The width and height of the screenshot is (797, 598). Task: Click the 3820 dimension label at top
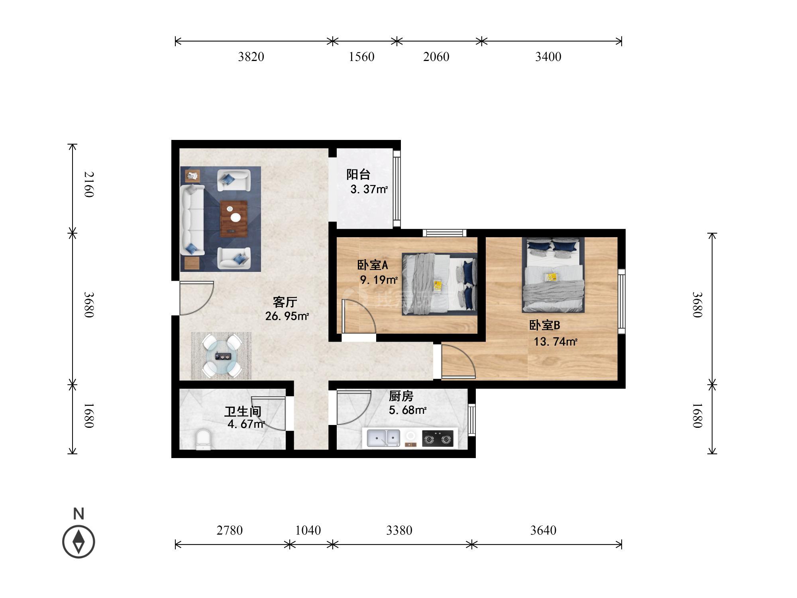[251, 57]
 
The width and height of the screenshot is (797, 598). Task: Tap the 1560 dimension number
[361, 57]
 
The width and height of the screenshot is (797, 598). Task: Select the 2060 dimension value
[436, 57]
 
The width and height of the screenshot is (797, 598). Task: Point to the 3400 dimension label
[548, 57]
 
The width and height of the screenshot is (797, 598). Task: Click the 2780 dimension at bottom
[230, 530]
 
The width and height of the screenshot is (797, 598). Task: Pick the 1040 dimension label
[308, 530]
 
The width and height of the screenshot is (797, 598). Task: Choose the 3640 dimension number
[543, 530]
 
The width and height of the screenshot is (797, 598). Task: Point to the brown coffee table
[234, 218]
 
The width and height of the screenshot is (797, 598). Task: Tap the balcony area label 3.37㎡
[369, 189]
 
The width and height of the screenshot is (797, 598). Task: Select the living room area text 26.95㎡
[287, 316]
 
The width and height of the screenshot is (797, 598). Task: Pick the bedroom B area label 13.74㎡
[556, 342]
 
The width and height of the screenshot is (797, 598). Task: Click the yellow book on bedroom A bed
[438, 285]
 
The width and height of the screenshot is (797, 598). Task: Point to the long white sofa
[193, 220]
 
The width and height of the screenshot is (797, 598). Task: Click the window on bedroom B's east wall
[622, 301]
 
